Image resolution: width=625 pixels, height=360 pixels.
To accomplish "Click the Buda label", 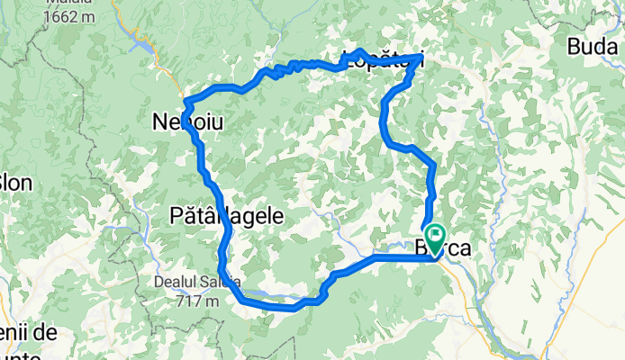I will click(x=595, y=46).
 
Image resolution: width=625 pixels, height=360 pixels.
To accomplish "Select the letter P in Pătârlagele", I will click(x=177, y=216).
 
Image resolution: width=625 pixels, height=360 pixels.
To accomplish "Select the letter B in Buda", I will click(x=574, y=46).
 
